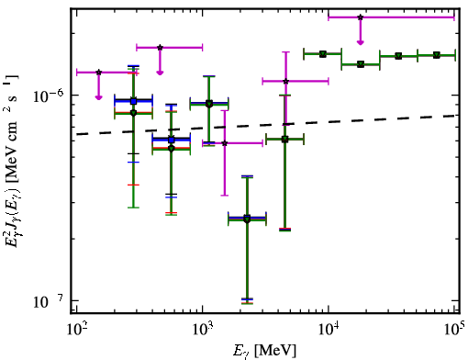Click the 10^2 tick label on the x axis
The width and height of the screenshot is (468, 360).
coord(76,330)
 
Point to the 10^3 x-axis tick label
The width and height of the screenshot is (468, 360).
coord(203,330)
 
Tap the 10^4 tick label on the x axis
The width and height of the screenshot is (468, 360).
coord(329,330)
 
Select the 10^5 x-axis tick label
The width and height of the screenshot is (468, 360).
coord(454,330)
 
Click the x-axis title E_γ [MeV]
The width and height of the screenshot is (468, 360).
coord(264,351)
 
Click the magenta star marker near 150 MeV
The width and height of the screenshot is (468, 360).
coord(98,73)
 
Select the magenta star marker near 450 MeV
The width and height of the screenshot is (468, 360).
coord(160,48)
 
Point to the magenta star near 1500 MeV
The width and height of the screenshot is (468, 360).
coord(225,143)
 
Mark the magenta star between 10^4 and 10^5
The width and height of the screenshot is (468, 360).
coord(361,17)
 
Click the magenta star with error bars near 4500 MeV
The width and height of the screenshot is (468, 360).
coord(285,82)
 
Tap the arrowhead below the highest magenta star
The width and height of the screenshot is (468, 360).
coord(361,42)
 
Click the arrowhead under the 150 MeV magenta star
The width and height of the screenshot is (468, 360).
coord(98,97)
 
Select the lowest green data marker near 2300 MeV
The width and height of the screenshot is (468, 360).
coord(247,219)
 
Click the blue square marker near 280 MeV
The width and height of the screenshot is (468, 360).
coord(133,101)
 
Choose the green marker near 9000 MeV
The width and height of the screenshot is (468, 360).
coord(323,54)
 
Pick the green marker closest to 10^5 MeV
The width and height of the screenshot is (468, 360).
coord(437,55)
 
